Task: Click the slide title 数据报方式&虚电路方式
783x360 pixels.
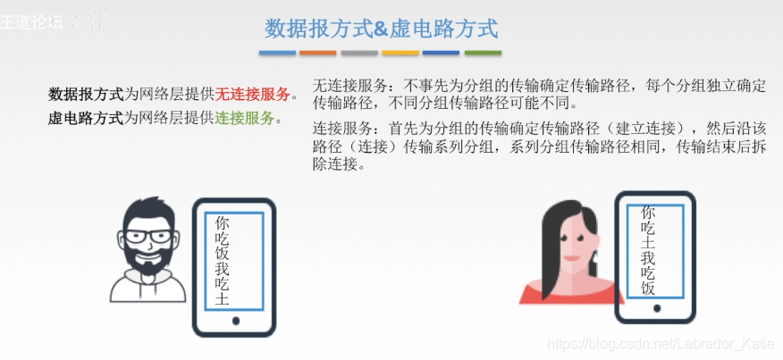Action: [381, 29]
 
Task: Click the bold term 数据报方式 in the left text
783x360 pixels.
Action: [86, 95]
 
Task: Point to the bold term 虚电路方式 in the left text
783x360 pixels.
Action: [86, 117]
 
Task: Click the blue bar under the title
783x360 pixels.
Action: [277, 53]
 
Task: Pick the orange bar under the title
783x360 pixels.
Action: [318, 53]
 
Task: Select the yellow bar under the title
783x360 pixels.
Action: [400, 53]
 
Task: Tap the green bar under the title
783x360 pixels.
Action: [482, 53]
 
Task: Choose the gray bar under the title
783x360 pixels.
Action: [359, 53]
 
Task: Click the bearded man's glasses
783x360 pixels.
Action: [149, 237]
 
